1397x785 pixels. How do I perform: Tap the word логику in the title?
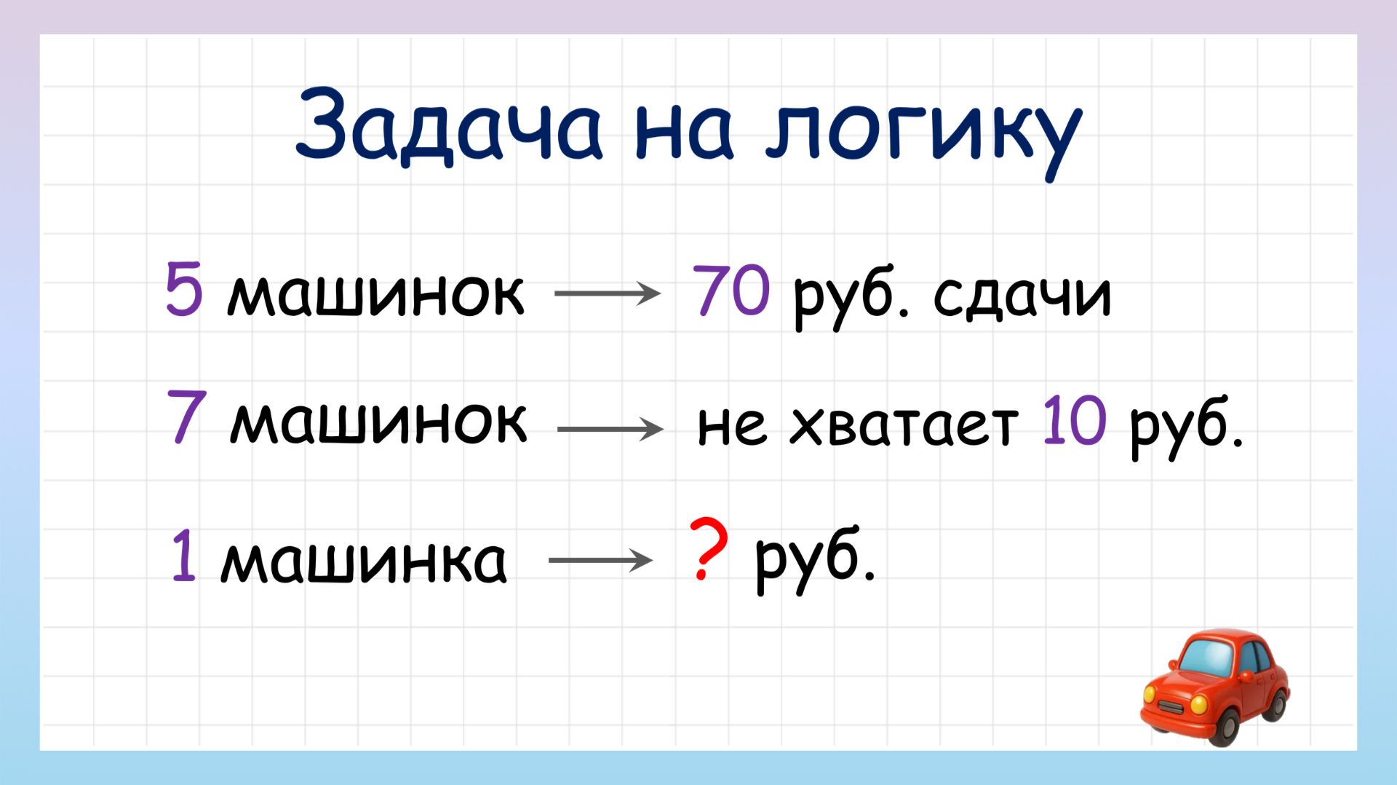(x=923, y=131)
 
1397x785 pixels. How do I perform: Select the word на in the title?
(x=683, y=131)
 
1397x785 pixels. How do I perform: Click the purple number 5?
(x=183, y=290)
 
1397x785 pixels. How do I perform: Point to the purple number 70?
(x=731, y=290)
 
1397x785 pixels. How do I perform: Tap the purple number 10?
(x=1074, y=421)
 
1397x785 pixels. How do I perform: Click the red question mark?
(x=707, y=548)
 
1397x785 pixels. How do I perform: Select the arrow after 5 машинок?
(x=607, y=293)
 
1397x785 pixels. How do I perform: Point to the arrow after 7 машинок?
(x=610, y=429)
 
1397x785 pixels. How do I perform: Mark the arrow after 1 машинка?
(x=600, y=560)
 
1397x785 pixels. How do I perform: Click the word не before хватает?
(x=731, y=425)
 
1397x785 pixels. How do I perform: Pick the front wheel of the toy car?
(x=1226, y=725)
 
